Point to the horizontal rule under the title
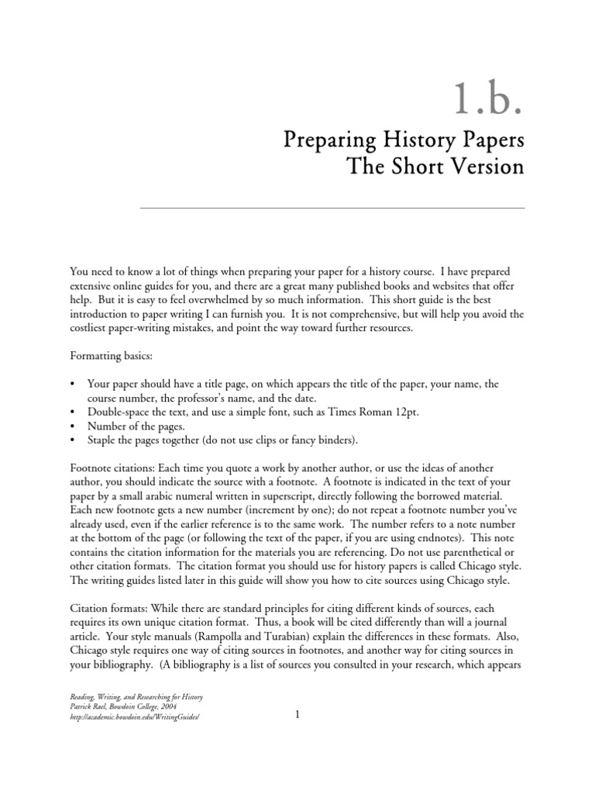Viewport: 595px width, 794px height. (x=332, y=208)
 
